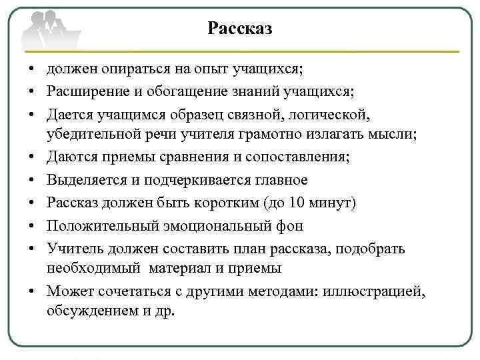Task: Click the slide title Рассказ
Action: click(239, 28)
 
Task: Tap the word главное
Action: click(276, 180)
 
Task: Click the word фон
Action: click(290, 225)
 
